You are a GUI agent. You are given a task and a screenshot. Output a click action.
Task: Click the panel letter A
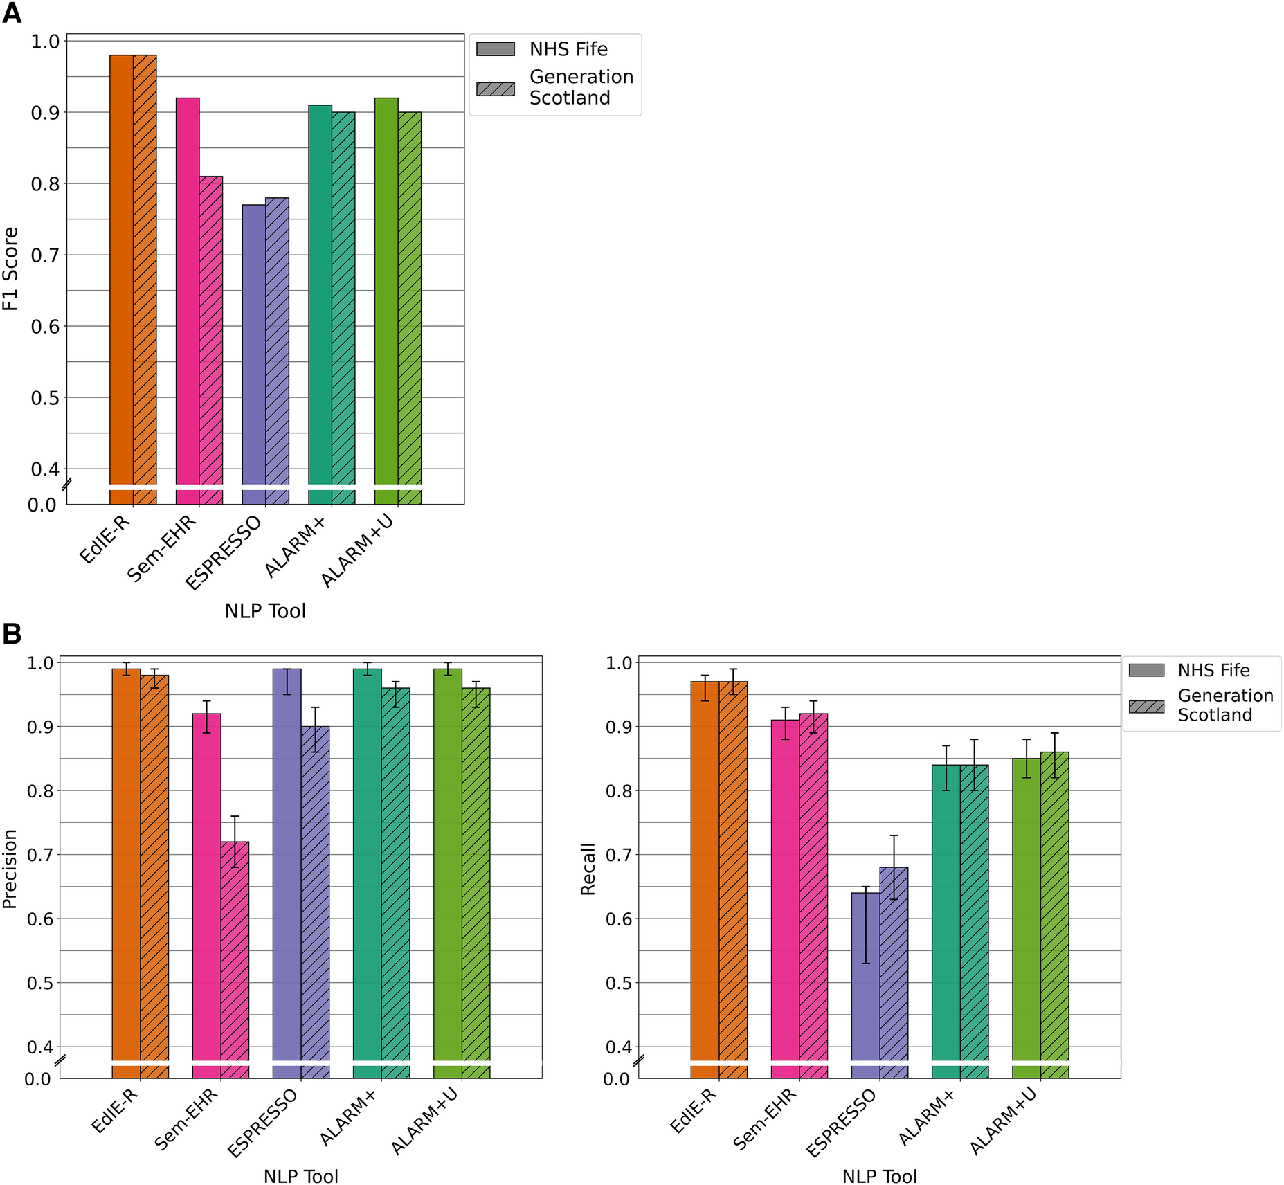(12, 13)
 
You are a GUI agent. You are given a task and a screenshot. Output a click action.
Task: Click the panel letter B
(12, 634)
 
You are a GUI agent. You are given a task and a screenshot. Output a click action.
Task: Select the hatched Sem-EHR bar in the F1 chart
(211, 332)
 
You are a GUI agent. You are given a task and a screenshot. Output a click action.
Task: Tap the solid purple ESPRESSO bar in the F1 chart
(253, 346)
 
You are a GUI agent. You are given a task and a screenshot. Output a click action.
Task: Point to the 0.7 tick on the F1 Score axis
(45, 255)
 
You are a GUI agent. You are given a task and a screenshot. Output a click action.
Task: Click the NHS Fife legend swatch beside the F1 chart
(496, 49)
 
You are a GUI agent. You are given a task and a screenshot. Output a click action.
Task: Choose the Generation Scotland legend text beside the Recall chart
(1225, 705)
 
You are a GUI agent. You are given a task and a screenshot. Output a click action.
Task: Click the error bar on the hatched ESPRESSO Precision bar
(315, 730)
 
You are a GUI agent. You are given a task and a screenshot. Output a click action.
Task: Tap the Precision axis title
(10, 869)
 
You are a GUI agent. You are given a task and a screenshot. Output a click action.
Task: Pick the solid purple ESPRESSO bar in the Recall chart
(865, 983)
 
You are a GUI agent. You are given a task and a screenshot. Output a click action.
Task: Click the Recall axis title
(588, 869)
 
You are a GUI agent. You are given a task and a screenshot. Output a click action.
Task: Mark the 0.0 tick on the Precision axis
(38, 1079)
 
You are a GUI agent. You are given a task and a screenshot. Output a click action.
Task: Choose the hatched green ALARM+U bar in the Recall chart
(1054, 914)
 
